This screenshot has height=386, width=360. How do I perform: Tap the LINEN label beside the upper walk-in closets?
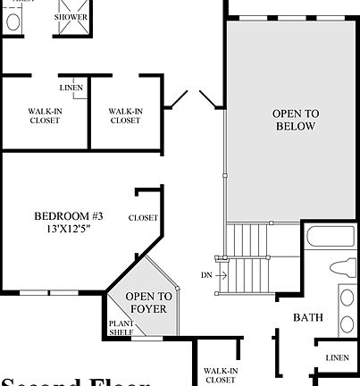click(71, 88)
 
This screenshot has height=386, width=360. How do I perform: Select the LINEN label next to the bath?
click(337, 357)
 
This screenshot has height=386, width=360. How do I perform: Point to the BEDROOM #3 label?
click(68, 215)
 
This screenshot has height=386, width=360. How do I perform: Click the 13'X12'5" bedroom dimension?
click(68, 229)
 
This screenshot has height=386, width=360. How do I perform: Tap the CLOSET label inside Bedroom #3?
click(144, 218)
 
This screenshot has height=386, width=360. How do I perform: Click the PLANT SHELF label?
click(121, 328)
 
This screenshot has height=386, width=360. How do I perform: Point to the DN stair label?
click(206, 275)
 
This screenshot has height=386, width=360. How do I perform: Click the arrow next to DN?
click(221, 275)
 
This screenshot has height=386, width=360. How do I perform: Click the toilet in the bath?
click(341, 267)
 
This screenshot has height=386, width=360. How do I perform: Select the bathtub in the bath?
click(330, 239)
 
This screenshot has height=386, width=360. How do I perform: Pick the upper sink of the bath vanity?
click(347, 298)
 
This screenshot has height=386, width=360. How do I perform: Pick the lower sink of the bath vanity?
click(347, 323)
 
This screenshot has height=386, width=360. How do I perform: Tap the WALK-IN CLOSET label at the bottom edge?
click(220, 373)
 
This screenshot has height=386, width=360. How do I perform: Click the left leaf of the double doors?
click(179, 99)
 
